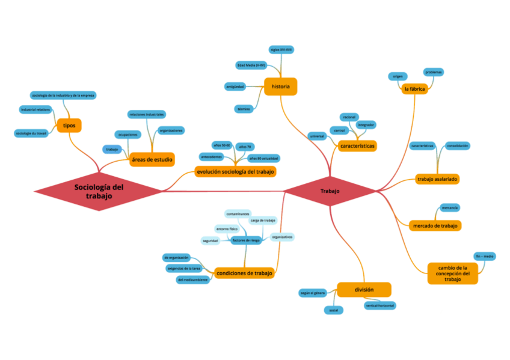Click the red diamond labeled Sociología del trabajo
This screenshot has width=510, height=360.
click(99, 191)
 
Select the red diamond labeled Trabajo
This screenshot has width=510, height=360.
click(330, 191)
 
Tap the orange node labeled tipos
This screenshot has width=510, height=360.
click(69, 125)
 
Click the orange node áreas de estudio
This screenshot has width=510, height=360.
click(152, 159)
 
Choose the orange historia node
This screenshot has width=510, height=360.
click(281, 87)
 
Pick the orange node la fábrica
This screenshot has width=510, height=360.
click(415, 89)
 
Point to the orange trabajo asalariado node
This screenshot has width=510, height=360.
click(438, 179)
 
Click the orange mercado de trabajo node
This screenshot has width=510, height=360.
click(435, 225)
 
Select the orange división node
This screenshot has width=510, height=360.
click(364, 290)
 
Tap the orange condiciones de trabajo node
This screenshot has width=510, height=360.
click(244, 272)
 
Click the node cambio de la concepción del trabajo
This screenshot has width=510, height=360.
click(452, 273)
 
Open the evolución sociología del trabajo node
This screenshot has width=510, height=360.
click(236, 172)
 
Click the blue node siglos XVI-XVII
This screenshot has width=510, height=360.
click(281, 49)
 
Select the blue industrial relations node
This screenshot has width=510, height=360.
click(35, 109)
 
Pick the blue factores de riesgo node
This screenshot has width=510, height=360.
click(246, 240)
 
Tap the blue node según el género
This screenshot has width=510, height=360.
click(313, 293)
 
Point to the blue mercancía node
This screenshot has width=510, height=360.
click(450, 207)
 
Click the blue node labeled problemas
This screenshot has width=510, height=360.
click(434, 72)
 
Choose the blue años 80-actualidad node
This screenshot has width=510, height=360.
click(263, 158)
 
